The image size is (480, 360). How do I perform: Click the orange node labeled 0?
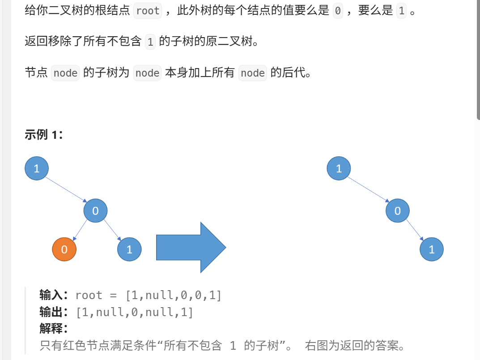click(x=64, y=249)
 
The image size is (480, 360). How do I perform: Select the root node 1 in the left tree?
click(x=37, y=168)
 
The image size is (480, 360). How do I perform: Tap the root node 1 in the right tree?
click(x=339, y=168)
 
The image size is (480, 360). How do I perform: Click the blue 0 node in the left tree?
click(x=95, y=210)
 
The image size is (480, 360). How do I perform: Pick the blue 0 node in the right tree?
click(x=397, y=210)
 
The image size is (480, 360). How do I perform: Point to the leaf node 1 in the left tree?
click(x=129, y=249)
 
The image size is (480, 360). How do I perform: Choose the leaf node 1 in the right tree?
click(x=432, y=249)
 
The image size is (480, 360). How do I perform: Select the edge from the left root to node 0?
click(x=66, y=189)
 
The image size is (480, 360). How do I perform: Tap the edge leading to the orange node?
click(x=80, y=230)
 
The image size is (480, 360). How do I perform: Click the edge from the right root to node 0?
click(x=368, y=189)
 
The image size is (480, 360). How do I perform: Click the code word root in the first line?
click(x=148, y=11)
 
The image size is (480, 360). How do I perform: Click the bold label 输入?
click(x=53, y=295)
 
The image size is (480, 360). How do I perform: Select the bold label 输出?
click(x=53, y=312)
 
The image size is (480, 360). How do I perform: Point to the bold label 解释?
click(x=53, y=329)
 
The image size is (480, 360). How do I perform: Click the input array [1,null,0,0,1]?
click(x=174, y=296)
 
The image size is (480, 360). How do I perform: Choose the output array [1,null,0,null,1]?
click(x=135, y=312)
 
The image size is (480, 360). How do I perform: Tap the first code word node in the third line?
click(x=65, y=73)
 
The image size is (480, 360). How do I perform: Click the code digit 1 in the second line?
click(x=150, y=42)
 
